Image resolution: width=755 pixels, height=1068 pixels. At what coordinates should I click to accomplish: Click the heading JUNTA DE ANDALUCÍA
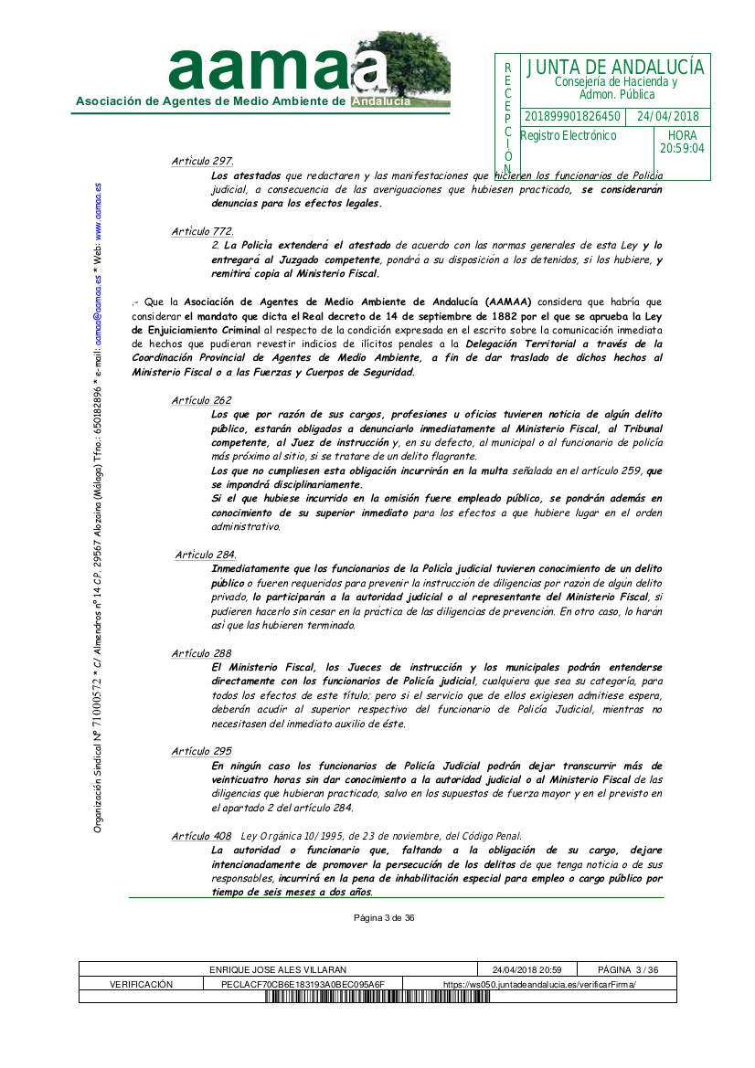(x=615, y=67)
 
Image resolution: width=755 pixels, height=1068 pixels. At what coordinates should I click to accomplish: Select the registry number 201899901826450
(x=573, y=117)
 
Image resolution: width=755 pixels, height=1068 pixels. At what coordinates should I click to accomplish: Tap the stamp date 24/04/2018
(x=667, y=117)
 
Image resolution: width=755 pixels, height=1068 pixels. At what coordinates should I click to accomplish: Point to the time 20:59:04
(x=682, y=149)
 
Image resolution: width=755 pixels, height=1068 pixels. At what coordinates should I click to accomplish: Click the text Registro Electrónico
(x=569, y=136)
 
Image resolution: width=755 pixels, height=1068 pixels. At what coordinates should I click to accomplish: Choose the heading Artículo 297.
(x=202, y=162)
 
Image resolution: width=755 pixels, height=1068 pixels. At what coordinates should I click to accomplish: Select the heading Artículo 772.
(x=202, y=232)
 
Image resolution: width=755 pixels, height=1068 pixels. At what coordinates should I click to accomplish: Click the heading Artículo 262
(x=201, y=400)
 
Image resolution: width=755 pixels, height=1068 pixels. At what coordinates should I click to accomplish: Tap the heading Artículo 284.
(x=206, y=555)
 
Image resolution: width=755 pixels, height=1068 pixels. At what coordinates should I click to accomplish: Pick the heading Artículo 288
(x=201, y=653)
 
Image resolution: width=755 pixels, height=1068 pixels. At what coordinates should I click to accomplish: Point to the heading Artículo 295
(x=201, y=751)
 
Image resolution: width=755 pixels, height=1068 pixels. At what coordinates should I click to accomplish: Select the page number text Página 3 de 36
(x=385, y=918)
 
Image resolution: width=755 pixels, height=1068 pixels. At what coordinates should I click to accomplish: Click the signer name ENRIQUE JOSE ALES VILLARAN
(x=278, y=969)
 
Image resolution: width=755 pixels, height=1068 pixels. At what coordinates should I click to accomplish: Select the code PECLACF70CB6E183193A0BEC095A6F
(x=303, y=984)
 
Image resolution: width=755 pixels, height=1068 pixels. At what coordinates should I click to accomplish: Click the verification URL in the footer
(x=539, y=984)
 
